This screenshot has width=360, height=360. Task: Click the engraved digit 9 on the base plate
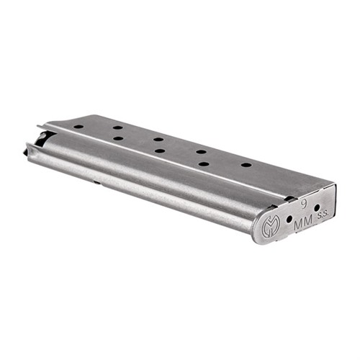point(304,205)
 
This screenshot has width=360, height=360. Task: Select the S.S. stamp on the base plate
point(324,215)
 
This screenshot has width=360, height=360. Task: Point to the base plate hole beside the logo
point(289,218)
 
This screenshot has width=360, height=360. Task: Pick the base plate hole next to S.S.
point(317,207)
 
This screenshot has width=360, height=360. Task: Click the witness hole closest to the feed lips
point(78,127)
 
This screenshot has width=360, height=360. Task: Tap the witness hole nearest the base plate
point(246,165)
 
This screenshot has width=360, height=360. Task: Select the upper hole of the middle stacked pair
point(158,139)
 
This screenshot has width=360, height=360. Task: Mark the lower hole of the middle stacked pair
point(159,150)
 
